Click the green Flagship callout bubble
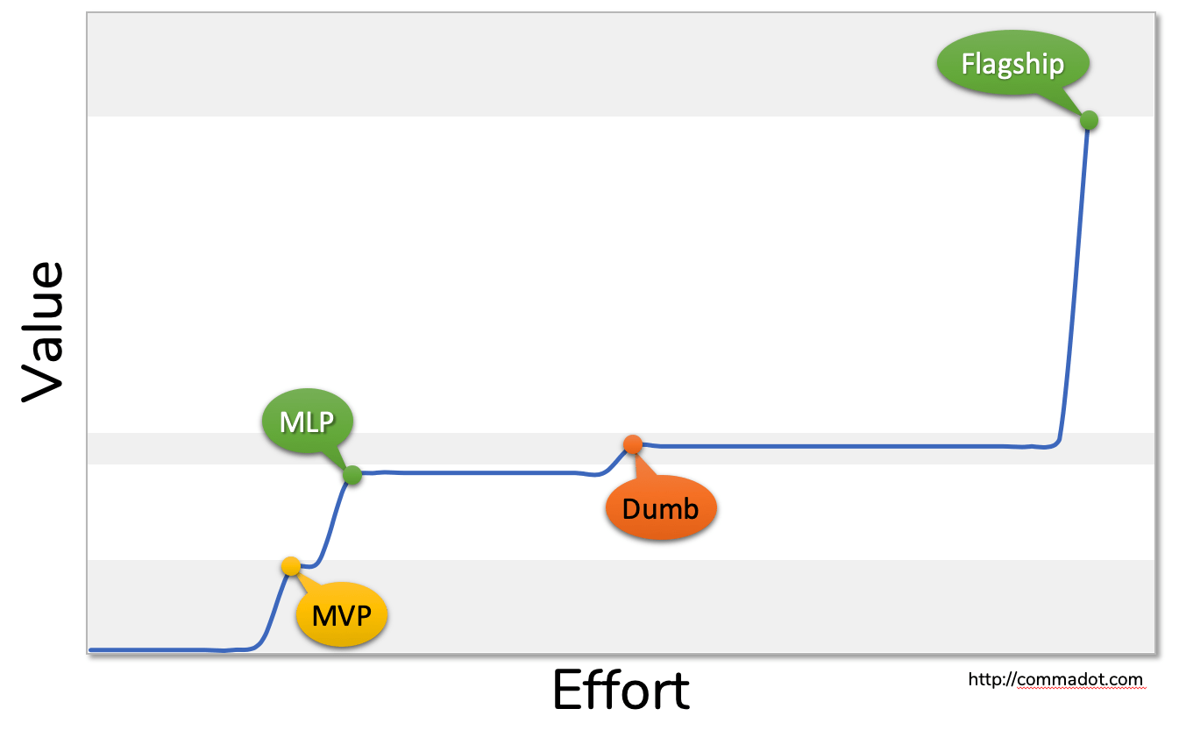(1012, 64)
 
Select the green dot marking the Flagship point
(1089, 120)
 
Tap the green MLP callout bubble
(307, 422)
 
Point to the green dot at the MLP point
(352, 476)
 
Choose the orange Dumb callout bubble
(660, 508)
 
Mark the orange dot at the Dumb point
(633, 444)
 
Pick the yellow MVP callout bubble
(342, 616)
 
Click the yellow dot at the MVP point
(291, 566)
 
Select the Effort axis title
(621, 691)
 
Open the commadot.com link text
(1055, 679)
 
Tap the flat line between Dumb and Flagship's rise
(833, 446)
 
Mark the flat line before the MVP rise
(158, 649)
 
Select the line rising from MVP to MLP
(331, 526)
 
